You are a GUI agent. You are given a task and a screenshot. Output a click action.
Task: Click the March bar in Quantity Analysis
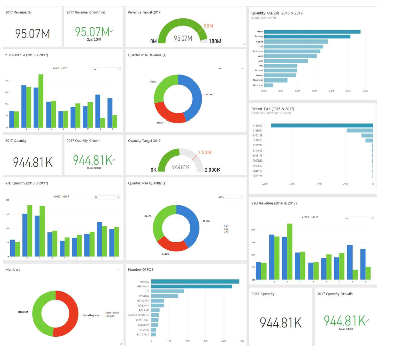[x=312, y=31]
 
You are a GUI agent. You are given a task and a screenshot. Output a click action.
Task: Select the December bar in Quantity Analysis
[x=268, y=85]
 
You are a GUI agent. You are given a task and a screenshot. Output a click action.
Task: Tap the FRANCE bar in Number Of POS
[x=195, y=282]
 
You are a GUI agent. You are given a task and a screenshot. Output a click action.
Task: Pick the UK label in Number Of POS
[x=147, y=291]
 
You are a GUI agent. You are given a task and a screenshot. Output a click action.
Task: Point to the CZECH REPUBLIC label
[x=139, y=315]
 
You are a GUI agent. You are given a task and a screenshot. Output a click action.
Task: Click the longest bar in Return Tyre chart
[x=322, y=125]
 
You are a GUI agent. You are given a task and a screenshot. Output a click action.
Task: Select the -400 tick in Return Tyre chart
[x=265, y=184]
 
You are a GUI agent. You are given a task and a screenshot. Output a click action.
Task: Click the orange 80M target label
[x=209, y=25]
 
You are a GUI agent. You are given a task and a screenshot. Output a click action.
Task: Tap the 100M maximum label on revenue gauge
[x=215, y=41]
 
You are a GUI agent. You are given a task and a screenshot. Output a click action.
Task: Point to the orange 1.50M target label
[x=205, y=152]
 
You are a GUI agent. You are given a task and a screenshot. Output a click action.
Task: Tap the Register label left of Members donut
[x=23, y=312]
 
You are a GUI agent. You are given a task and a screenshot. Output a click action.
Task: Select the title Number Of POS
[x=141, y=270]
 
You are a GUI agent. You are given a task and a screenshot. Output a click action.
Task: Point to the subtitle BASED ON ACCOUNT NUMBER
[x=271, y=113]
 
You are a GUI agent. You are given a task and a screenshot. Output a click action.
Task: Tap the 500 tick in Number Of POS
[x=242, y=341]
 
